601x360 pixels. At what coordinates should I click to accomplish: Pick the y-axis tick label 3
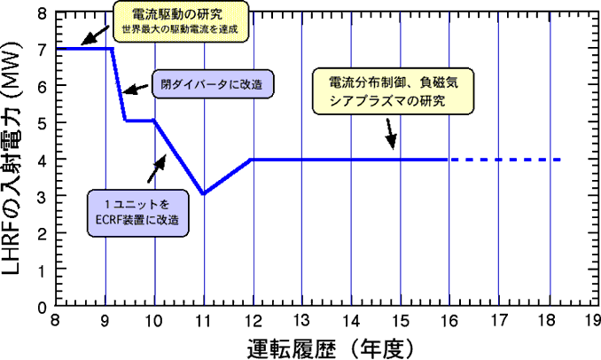click(x=42, y=195)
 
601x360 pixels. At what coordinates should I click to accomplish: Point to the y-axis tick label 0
click(x=42, y=306)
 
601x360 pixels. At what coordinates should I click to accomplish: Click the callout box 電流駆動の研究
click(x=181, y=22)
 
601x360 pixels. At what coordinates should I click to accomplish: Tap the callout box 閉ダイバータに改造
click(x=211, y=84)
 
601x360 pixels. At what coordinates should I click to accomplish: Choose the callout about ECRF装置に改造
click(x=141, y=210)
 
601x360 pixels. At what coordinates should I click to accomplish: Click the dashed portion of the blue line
click(x=505, y=160)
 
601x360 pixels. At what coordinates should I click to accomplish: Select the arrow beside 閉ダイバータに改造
click(x=135, y=88)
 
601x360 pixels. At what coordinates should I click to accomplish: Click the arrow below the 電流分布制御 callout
click(x=390, y=133)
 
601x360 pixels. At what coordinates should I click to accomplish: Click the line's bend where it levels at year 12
click(x=254, y=160)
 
